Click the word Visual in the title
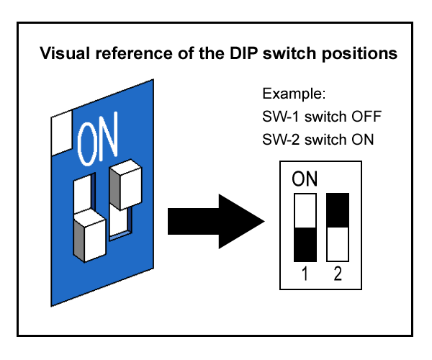[x=63, y=53]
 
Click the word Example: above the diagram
[x=294, y=94]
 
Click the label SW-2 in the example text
[x=279, y=139]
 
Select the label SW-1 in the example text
[x=279, y=117]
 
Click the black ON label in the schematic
[x=305, y=179]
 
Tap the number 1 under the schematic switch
[x=305, y=274]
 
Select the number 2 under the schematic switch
[x=338, y=274]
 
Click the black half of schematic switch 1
[x=305, y=245]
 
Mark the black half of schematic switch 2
[x=338, y=210]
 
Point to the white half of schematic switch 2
[x=338, y=245]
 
